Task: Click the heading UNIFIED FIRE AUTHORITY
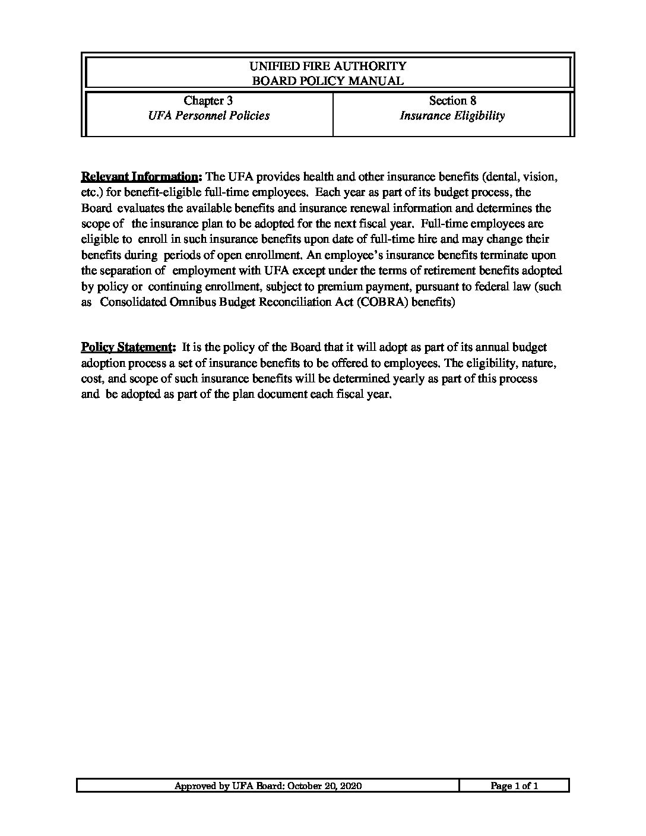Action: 328,66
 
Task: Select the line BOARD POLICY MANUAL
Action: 328,81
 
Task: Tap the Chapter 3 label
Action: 204,100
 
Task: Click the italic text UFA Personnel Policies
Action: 208,116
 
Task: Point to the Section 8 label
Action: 452,100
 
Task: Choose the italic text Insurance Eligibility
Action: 452,116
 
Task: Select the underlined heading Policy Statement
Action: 128,347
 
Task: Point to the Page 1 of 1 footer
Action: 514,786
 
